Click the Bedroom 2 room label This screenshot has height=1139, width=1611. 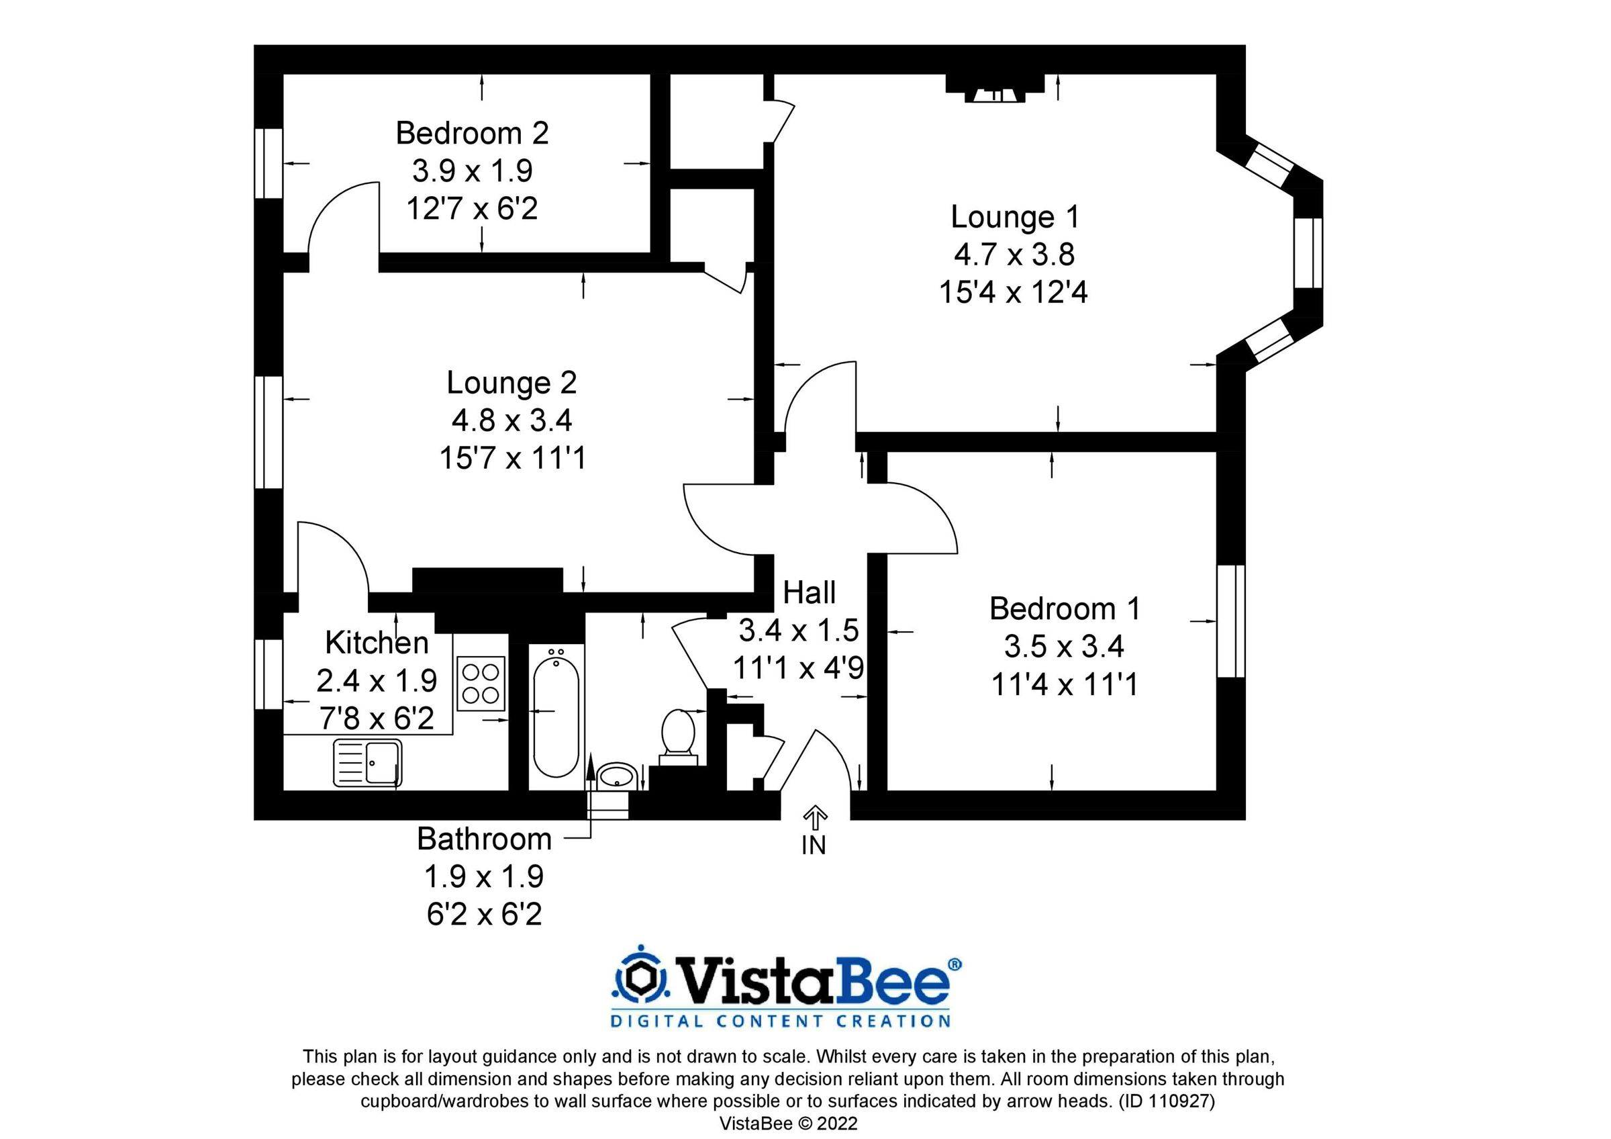click(471, 134)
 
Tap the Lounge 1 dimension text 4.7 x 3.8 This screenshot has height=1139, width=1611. click(1014, 254)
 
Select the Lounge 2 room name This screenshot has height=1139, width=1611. click(511, 383)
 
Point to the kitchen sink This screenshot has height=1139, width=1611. click(368, 764)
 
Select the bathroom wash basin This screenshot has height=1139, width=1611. click(617, 776)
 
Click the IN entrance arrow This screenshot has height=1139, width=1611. click(815, 817)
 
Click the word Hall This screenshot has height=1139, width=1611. click(809, 592)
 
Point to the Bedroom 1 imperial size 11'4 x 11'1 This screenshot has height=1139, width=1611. click(1064, 684)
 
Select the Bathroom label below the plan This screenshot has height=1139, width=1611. click(484, 839)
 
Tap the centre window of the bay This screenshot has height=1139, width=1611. click(1308, 253)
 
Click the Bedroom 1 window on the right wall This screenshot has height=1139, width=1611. click(1230, 621)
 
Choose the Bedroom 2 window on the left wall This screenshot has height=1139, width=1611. click(268, 163)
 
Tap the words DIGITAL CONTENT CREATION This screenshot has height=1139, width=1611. click(780, 1021)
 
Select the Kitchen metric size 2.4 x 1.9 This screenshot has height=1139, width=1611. click(376, 681)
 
